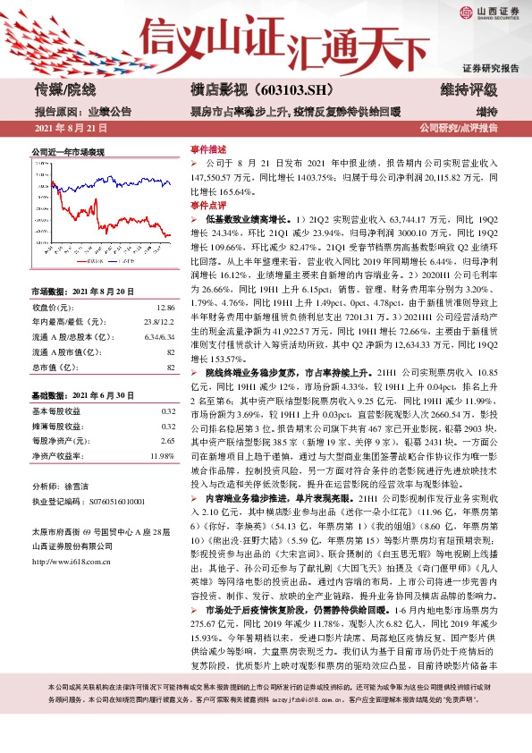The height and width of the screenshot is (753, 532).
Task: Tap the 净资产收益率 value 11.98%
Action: click(x=161, y=455)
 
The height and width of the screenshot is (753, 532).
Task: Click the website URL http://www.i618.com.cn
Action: click(x=69, y=562)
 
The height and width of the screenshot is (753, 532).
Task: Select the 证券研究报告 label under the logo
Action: click(x=490, y=69)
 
